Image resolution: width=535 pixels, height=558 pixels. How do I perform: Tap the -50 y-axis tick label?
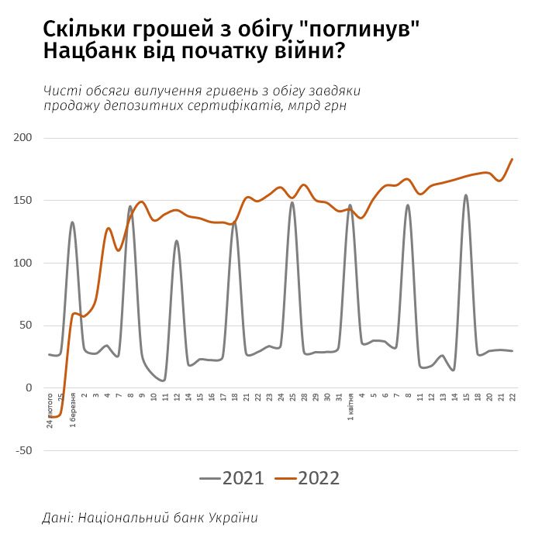23,450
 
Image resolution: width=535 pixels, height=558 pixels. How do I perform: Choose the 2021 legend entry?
233,478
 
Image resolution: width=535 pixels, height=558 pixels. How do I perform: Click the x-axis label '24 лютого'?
50,411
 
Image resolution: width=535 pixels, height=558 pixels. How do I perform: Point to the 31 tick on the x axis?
339,398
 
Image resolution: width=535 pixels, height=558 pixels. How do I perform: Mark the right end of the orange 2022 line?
513,159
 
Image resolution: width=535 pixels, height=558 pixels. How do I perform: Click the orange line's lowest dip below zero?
54,417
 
